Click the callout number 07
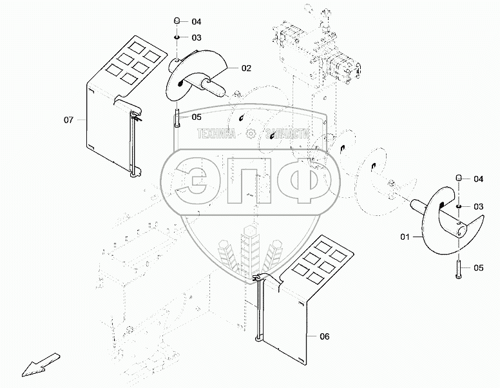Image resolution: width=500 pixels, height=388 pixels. (68, 120)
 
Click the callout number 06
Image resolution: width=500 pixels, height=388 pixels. (324, 336)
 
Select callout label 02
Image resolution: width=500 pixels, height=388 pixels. (246, 68)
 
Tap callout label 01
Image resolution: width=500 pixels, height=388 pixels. (405, 237)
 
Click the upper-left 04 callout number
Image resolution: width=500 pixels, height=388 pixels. (197, 22)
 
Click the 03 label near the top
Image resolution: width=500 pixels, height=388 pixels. (197, 37)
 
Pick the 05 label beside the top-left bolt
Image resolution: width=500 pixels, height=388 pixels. (197, 117)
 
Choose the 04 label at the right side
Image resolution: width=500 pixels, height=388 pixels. (478, 179)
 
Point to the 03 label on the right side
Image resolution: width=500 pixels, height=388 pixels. (478, 207)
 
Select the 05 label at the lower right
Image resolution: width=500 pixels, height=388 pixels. (478, 267)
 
